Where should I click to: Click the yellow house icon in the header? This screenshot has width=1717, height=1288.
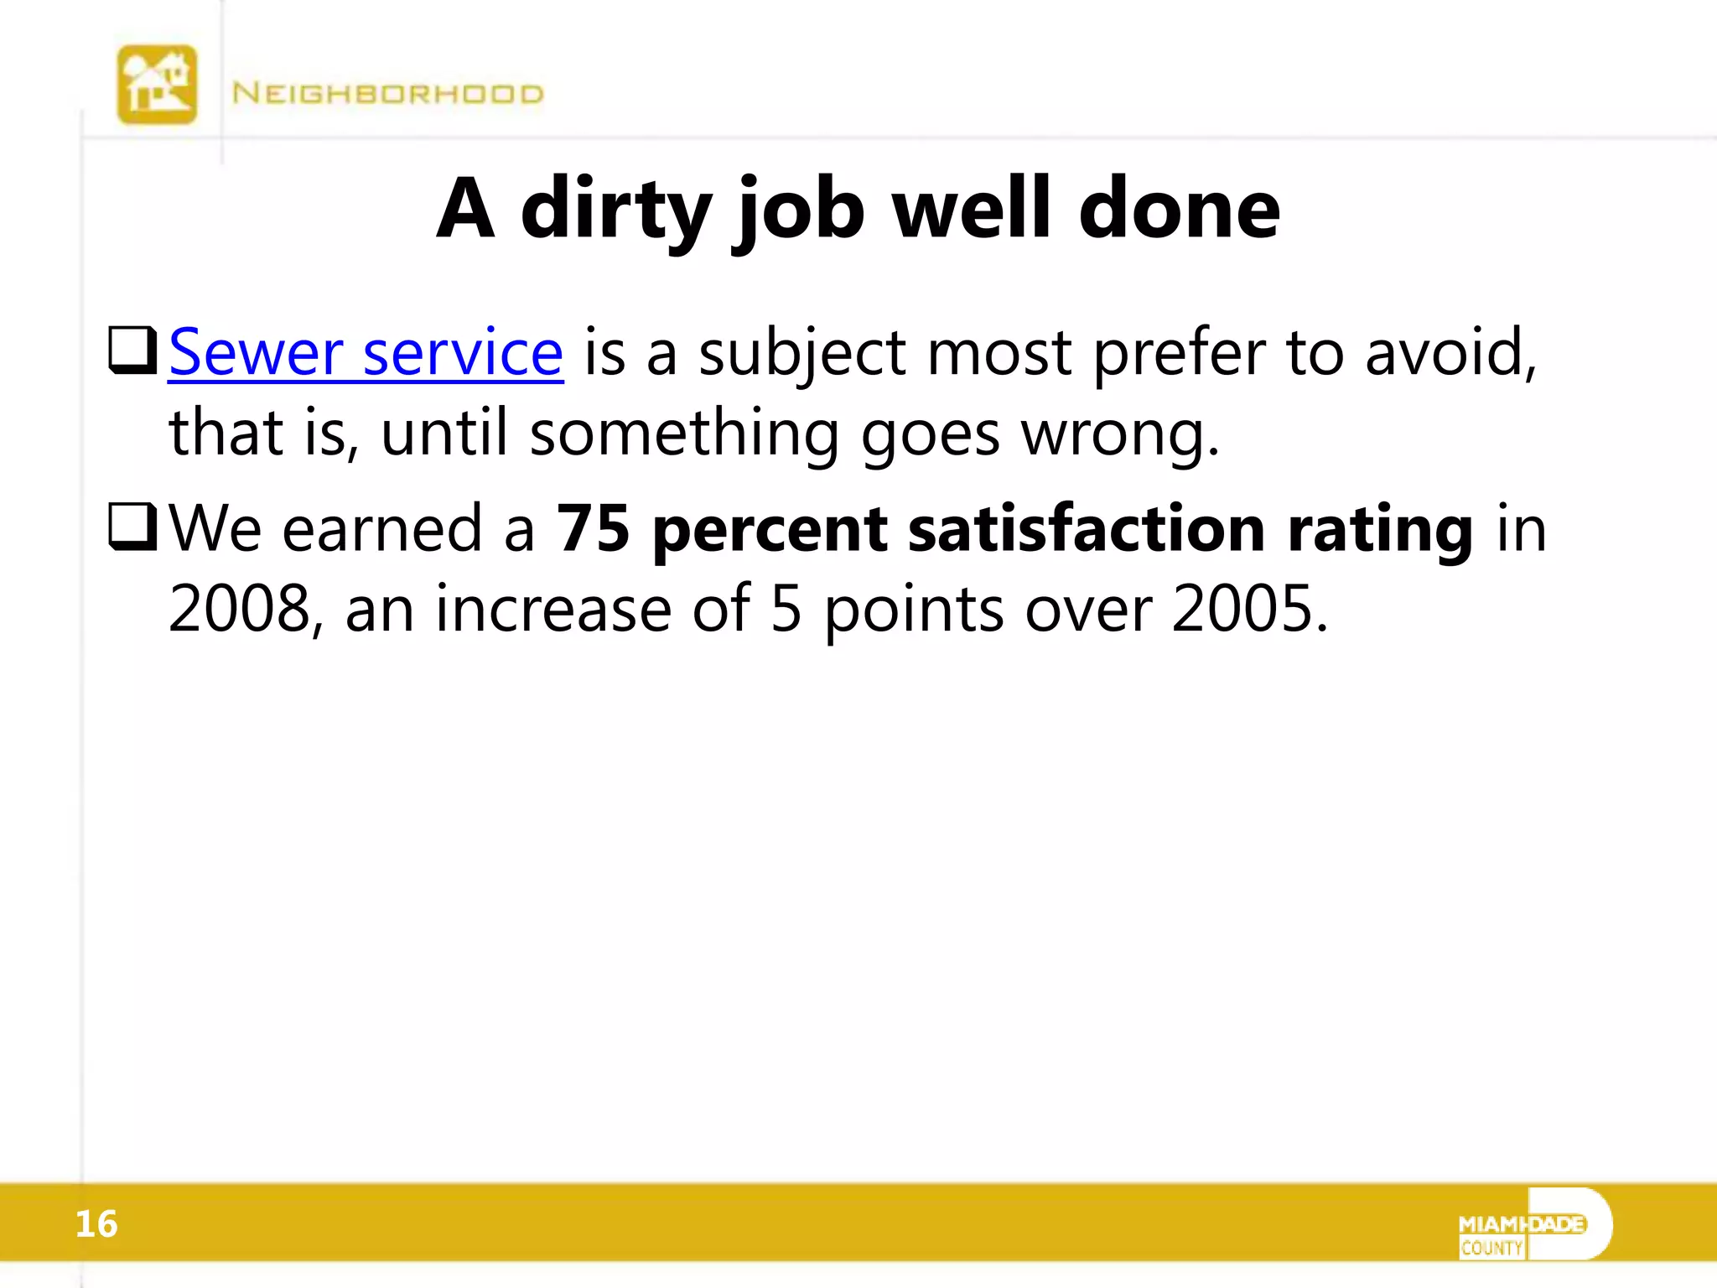tap(157, 85)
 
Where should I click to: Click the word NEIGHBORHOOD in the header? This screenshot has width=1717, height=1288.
tap(387, 93)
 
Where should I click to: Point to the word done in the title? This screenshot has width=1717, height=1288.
tap(1179, 209)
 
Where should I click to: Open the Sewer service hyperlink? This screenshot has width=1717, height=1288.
tap(366, 353)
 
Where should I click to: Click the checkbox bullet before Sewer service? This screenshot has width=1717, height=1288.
tap(132, 351)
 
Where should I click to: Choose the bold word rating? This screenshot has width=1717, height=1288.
tap(1380, 530)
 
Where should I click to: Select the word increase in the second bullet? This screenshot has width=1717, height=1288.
tap(553, 609)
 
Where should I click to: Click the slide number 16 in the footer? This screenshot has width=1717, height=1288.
tap(96, 1224)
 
